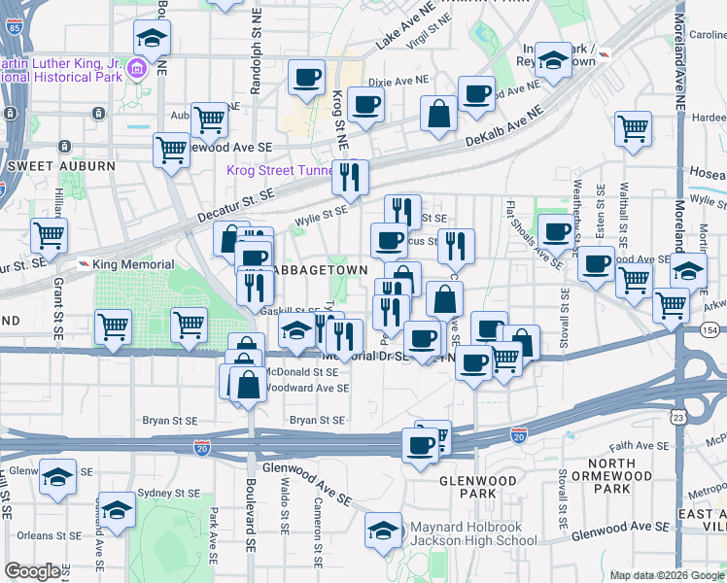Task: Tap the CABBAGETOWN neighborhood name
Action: pyautogui.click(x=321, y=269)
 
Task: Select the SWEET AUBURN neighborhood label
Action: pyautogui.click(x=61, y=166)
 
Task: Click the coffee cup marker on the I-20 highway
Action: pyautogui.click(x=421, y=446)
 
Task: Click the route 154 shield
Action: pyautogui.click(x=710, y=331)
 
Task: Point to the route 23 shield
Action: pyautogui.click(x=677, y=416)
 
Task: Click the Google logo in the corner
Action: pyautogui.click(x=32, y=571)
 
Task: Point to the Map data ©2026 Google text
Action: pyautogui.click(x=667, y=575)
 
